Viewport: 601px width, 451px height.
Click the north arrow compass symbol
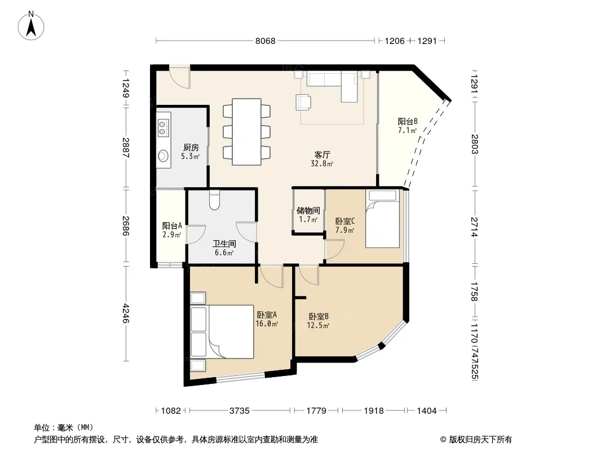[31, 25]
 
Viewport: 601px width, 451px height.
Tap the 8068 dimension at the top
[265, 41]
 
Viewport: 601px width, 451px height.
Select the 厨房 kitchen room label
[191, 147]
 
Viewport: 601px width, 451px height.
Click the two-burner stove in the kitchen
[163, 127]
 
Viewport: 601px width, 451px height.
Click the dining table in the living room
[246, 132]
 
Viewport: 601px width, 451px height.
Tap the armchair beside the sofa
[303, 102]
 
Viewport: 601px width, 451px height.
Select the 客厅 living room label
[322, 155]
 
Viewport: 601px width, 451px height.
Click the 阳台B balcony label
[408, 121]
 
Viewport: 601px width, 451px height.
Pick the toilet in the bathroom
[215, 200]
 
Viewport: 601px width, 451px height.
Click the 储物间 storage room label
[308, 210]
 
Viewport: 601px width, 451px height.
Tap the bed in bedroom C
[382, 219]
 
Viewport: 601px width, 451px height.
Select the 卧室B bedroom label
[319, 316]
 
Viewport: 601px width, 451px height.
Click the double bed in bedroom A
[222, 332]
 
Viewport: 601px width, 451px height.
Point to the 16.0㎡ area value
[267, 324]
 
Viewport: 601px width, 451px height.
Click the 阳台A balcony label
[172, 225]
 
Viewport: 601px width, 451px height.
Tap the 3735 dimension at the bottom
[240, 411]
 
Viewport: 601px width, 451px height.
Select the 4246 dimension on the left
[125, 313]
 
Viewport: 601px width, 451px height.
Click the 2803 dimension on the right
[475, 144]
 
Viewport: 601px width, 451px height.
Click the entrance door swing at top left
[180, 78]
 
